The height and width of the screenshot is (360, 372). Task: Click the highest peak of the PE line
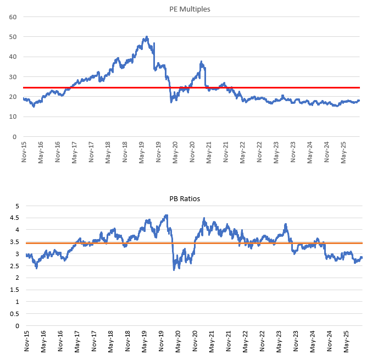coord(146,37)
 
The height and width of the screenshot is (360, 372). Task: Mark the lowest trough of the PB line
coord(174,269)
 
